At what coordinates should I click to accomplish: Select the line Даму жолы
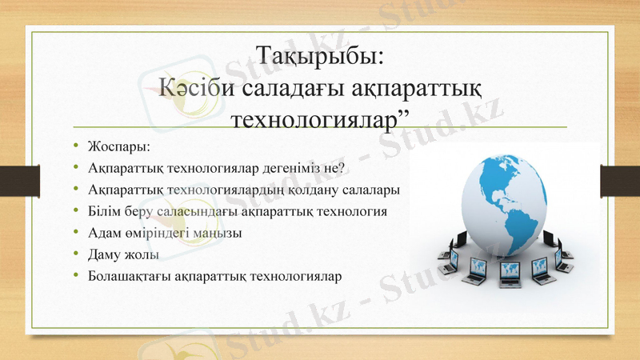123,255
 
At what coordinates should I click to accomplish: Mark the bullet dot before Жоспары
76,146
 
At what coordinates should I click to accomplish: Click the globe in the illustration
512,204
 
